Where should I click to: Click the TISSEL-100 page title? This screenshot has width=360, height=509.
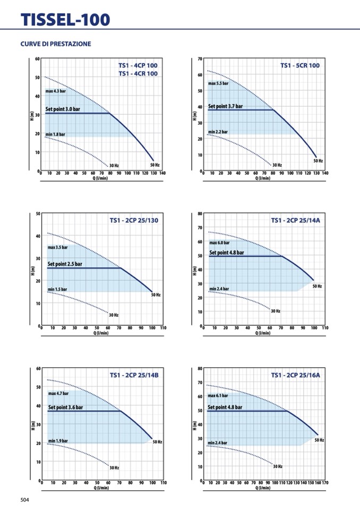(x=65, y=20)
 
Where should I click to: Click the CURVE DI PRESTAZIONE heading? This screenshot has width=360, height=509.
(x=56, y=44)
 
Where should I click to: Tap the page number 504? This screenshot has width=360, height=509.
(x=25, y=499)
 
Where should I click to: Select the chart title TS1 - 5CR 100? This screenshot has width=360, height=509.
(x=300, y=65)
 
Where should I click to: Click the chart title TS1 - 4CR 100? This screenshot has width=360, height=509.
(x=138, y=74)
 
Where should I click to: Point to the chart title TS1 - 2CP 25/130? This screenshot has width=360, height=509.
(x=134, y=220)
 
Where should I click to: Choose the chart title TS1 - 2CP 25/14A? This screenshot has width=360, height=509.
(x=296, y=220)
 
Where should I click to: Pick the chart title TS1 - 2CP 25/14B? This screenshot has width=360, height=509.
(x=134, y=375)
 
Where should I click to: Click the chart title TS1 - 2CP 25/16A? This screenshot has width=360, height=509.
(x=296, y=375)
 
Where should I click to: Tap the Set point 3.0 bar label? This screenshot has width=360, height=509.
(x=63, y=109)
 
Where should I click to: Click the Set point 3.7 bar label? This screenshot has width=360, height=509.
(x=225, y=106)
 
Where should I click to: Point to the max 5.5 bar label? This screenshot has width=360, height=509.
(x=218, y=83)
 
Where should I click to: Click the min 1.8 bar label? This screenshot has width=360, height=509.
(x=55, y=134)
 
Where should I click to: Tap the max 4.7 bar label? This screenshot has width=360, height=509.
(x=58, y=394)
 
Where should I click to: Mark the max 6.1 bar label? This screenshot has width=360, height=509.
(x=218, y=395)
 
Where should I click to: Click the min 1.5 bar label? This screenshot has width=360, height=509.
(x=57, y=289)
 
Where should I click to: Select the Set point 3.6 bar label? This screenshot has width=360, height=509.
(x=65, y=407)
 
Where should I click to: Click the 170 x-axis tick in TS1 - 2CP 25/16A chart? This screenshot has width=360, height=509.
(x=325, y=483)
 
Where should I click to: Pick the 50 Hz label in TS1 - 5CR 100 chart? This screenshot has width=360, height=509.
(x=318, y=160)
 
